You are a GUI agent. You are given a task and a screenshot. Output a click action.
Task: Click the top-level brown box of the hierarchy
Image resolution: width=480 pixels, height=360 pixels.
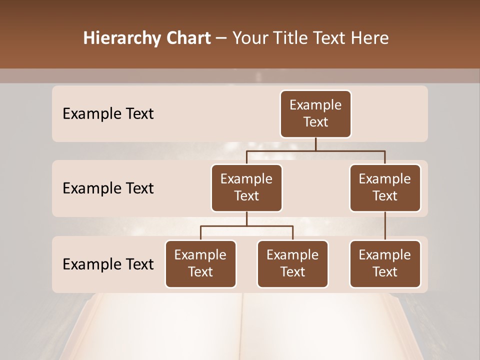tap(315, 114)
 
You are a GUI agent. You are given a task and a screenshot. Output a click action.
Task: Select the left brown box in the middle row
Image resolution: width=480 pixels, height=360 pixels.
tap(246, 187)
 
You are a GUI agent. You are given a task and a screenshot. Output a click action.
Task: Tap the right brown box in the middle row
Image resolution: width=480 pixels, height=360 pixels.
tap(385, 187)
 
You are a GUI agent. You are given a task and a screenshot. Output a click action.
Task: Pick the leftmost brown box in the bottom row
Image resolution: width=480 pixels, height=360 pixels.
tap(200, 263)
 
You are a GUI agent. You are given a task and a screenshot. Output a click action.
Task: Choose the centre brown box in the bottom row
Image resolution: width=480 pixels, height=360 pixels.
tap(292, 263)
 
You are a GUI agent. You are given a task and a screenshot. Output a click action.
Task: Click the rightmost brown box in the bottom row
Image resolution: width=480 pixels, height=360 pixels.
tap(385, 263)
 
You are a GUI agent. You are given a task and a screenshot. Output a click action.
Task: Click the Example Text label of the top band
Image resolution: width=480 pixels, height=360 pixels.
tap(108, 114)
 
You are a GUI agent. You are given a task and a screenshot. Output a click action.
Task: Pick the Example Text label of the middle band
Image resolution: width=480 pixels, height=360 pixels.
tap(108, 188)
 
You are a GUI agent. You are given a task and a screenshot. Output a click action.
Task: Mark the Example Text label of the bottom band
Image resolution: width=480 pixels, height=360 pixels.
tap(108, 264)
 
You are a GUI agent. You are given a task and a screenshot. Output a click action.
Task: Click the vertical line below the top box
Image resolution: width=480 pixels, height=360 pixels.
tap(315, 144)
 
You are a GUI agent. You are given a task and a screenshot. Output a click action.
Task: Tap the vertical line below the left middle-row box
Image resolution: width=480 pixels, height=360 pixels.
tap(246, 218)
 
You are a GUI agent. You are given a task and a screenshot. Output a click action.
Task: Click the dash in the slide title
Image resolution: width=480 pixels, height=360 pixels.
tap(221, 38)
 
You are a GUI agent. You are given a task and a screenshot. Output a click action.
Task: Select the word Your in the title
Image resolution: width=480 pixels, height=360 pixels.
tap(250, 38)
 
